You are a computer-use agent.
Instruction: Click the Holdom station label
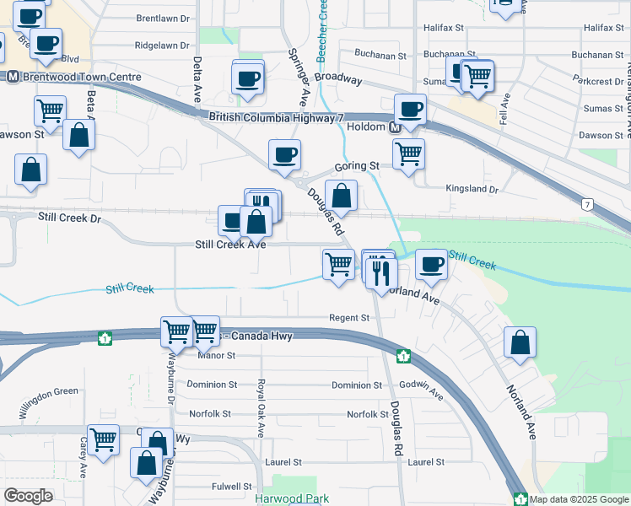(366, 127)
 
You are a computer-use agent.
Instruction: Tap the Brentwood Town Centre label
(80, 77)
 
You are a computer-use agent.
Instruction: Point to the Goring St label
(356, 167)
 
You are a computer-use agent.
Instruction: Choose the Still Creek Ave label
(230, 245)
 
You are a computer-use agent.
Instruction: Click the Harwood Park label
(292, 498)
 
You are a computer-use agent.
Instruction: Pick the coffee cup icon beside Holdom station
(410, 110)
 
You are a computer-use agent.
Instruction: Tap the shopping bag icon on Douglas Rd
(341, 196)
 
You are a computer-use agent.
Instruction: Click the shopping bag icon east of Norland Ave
(520, 343)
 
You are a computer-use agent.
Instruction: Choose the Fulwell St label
(232, 487)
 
